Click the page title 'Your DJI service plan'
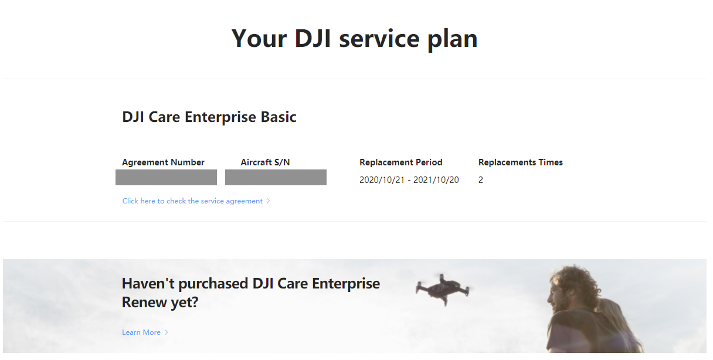pyautogui.click(x=354, y=39)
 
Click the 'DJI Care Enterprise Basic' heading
pyautogui.click(x=209, y=117)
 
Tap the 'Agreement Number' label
pyautogui.click(x=163, y=162)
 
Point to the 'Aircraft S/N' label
pyautogui.click(x=265, y=162)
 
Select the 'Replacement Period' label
pyautogui.click(x=400, y=162)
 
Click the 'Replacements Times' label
pyautogui.click(x=521, y=162)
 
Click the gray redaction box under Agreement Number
pyautogui.click(x=166, y=177)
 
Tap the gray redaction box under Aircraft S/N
pyautogui.click(x=276, y=177)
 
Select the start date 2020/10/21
pyautogui.click(x=382, y=180)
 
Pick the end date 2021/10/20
pyautogui.click(x=436, y=180)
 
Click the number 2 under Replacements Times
pyautogui.click(x=481, y=180)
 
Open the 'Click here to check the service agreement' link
pyautogui.click(x=192, y=201)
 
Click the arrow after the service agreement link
pyautogui.click(x=269, y=201)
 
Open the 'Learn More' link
pyautogui.click(x=141, y=332)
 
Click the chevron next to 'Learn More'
pyautogui.click(x=166, y=332)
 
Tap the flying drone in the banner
pyautogui.click(x=443, y=289)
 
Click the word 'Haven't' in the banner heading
pyautogui.click(x=148, y=283)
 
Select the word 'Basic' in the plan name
pyautogui.click(x=279, y=117)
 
